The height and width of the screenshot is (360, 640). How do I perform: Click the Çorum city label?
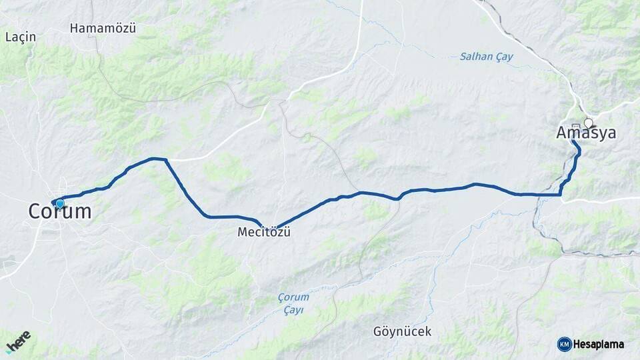click(59, 212)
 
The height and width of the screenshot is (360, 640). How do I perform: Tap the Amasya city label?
click(586, 133)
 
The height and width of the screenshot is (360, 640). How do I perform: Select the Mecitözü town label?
click(264, 233)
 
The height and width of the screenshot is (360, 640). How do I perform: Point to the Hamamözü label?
click(103, 29)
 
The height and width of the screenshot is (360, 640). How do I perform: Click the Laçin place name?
click(20, 37)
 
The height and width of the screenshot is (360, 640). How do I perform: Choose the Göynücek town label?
click(402, 331)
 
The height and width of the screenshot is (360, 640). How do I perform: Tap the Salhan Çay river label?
click(487, 57)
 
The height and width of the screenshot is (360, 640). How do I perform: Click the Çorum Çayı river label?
click(293, 304)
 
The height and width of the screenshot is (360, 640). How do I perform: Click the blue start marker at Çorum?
click(60, 204)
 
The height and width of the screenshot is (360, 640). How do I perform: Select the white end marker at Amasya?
click(588, 123)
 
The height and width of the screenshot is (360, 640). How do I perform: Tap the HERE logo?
click(18, 342)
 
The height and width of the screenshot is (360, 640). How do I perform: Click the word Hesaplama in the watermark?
click(599, 345)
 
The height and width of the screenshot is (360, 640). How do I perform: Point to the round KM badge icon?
click(564, 345)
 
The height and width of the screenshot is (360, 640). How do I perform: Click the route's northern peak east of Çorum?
click(158, 159)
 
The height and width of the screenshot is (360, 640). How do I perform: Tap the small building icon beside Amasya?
click(575, 125)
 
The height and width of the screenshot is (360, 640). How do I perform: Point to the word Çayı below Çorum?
click(293, 311)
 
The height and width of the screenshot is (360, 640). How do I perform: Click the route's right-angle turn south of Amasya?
click(560, 195)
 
